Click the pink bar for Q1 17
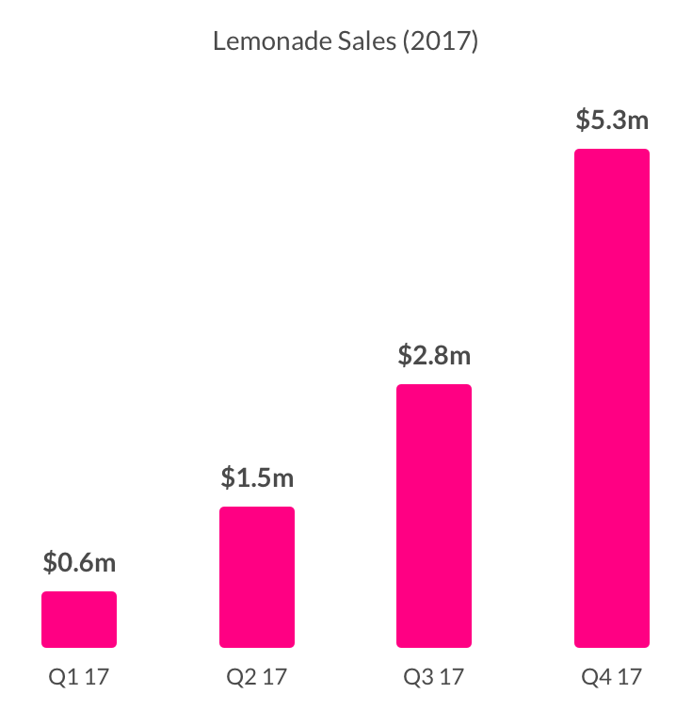pos(79,620)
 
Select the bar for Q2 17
pos(257,577)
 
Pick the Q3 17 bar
pos(434,516)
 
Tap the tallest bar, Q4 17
pos(612,398)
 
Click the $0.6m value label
pos(79,563)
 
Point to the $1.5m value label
pos(257,478)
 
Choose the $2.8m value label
pos(434,356)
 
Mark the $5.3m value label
pos(612,121)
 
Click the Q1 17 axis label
pos(79,676)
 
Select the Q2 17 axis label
pos(257,676)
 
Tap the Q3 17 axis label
pos(434,676)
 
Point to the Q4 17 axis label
pos(612,676)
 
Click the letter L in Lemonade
pos(219,42)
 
